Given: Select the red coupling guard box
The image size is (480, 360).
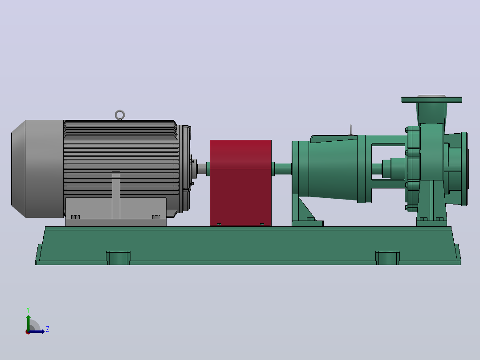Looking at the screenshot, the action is point(240,183).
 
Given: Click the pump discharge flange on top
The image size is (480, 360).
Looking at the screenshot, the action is point(431,99).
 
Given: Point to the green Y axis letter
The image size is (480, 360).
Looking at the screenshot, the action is point(28,310).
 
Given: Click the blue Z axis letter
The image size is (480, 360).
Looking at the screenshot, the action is point(48,329).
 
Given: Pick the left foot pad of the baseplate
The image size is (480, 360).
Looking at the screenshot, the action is point(118,258).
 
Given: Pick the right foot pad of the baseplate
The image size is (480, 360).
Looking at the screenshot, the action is point(387,258).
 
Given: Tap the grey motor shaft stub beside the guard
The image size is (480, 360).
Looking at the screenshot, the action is point(202,169).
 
